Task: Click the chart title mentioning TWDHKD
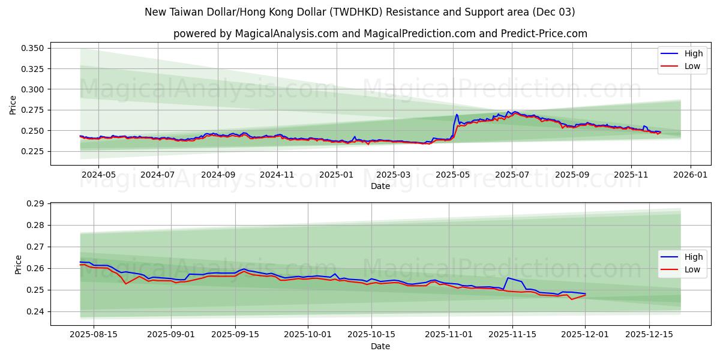click(359, 12)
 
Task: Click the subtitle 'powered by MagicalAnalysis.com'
click(380, 34)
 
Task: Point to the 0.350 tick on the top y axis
click(33, 48)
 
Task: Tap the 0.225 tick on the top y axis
click(33, 151)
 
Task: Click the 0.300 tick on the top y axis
click(33, 89)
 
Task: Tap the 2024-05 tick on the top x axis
click(98, 175)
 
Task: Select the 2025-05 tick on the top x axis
click(453, 175)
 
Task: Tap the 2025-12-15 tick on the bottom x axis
click(649, 335)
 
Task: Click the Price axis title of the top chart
click(13, 104)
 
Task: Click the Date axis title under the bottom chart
click(380, 346)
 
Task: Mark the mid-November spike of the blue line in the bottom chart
click(508, 278)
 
